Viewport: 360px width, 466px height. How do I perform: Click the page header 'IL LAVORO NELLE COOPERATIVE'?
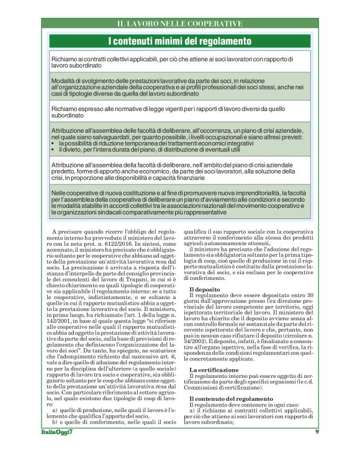pyautogui.click(x=179, y=24)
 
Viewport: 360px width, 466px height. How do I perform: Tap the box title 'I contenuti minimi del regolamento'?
pyautogui.click(x=179, y=42)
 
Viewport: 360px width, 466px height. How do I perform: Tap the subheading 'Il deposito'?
pyautogui.click(x=204, y=290)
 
